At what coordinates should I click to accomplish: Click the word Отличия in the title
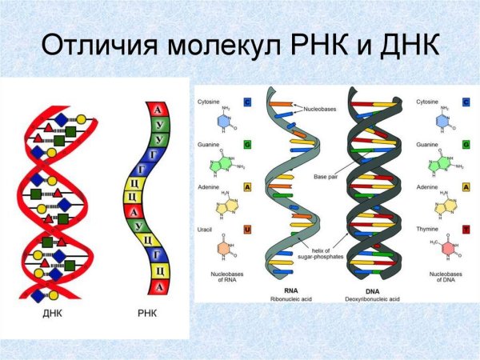tap(97, 46)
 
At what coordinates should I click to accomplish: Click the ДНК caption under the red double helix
tap(52, 314)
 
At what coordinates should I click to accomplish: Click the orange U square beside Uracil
tap(247, 230)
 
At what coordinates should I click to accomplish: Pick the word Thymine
tap(427, 230)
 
